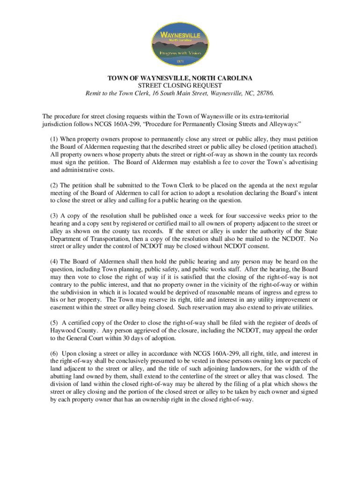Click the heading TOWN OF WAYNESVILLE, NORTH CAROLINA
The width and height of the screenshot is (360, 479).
point(180,78)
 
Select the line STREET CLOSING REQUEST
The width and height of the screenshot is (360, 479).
point(180,86)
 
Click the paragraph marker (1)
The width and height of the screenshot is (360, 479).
point(54,139)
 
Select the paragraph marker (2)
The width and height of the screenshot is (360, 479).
point(54,185)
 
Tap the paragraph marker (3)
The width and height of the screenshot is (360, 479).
point(54,216)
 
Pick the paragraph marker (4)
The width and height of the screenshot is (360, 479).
point(54,261)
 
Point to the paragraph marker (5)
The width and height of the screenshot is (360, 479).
point(54,322)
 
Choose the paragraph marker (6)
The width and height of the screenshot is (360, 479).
point(54,353)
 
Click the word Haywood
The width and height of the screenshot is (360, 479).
point(63,330)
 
